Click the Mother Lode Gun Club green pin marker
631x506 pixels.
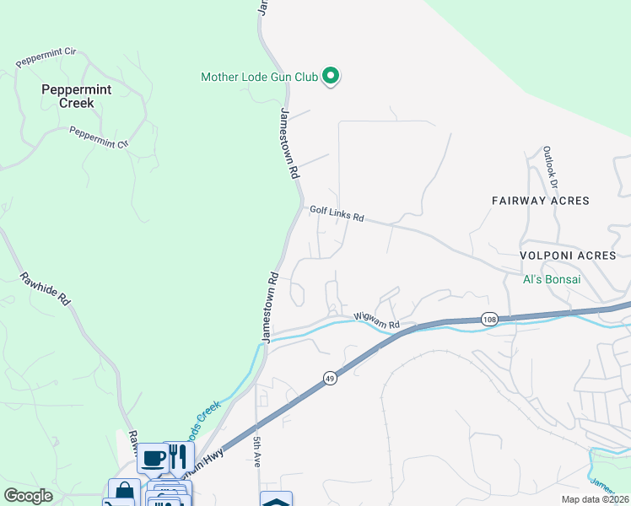pos(331,77)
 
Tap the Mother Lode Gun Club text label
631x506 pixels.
pos(259,77)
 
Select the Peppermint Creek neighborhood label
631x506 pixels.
pos(70,95)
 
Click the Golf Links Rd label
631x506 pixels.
pos(336,215)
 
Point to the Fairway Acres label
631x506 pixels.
pos(541,201)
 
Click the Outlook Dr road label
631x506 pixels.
pos(551,165)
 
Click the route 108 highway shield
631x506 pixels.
pos(489,319)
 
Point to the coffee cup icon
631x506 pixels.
pos(153,459)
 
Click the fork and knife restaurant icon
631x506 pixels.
pos(178,457)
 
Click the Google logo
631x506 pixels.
pos(28,496)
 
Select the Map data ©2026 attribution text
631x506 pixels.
pos(595,499)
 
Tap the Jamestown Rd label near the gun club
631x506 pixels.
pos(289,143)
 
